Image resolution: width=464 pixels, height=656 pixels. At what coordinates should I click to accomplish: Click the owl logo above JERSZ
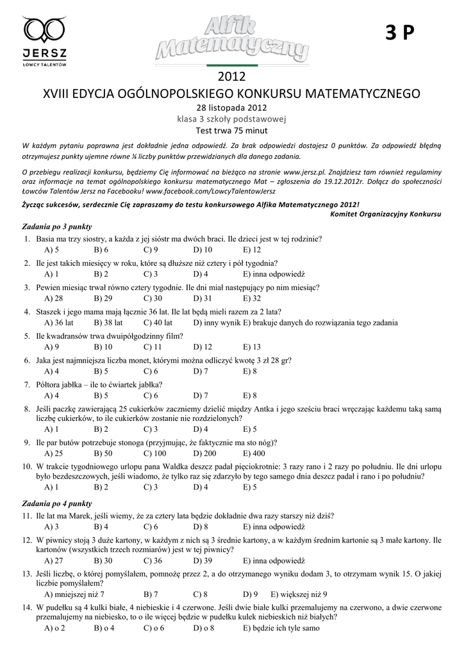[45, 29]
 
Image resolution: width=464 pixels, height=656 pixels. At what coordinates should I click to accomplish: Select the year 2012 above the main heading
[232, 78]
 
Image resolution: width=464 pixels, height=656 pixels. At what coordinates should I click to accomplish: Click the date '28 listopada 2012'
[231, 107]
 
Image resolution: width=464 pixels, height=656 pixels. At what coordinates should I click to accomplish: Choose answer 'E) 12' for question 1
[252, 250]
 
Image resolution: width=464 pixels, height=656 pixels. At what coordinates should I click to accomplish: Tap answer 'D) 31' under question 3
[203, 298]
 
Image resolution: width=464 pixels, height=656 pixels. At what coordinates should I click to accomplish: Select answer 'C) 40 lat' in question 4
[158, 322]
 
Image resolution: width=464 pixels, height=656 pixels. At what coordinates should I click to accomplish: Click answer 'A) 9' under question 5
[52, 347]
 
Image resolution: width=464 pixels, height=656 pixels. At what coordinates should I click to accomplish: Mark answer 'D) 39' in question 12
[203, 560]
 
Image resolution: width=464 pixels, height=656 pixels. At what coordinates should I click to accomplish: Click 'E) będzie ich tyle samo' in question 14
[281, 628]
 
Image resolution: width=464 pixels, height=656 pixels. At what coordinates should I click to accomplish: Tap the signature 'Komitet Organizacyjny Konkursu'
[386, 213]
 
